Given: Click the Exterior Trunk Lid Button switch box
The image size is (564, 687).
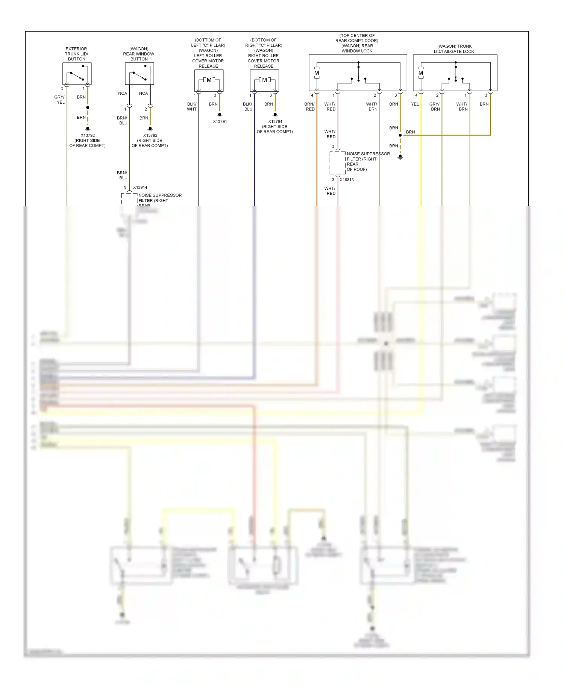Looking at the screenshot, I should [77, 74].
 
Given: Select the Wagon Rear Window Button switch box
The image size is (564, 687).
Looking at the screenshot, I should [139, 74].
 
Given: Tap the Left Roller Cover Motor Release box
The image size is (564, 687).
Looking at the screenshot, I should [209, 80].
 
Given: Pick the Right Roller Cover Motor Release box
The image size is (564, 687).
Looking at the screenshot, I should [264, 80].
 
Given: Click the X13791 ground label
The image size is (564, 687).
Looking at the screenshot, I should [220, 122].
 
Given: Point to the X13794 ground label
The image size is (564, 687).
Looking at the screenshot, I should [275, 122].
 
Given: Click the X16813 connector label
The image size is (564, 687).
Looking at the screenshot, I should [347, 180].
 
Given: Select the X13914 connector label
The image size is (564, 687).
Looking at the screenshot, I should [140, 188].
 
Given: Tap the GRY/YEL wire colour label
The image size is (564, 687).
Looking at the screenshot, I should [60, 100].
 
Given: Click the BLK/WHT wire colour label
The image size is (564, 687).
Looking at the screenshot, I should [192, 107].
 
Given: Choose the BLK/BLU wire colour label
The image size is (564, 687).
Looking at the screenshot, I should [248, 107].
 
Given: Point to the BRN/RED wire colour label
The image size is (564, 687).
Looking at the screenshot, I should [309, 107].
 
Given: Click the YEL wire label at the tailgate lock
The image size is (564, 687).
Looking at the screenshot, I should [415, 104].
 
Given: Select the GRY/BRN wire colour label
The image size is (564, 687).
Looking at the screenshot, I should [435, 107].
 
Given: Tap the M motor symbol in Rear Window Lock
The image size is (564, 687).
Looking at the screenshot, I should [317, 73].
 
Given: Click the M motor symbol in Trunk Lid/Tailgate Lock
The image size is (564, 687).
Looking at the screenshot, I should [421, 73].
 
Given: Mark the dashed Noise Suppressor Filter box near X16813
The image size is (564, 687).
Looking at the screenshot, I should [338, 163].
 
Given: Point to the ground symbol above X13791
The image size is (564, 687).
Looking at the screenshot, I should [220, 115].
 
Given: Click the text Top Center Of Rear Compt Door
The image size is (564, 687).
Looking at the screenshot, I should [357, 38].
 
